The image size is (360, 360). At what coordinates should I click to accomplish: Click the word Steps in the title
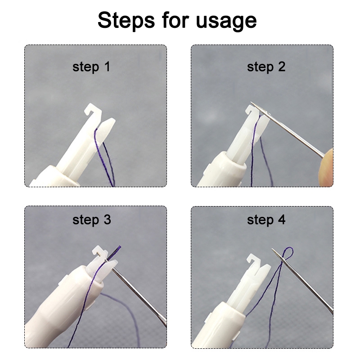126,21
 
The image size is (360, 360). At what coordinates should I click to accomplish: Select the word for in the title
175,20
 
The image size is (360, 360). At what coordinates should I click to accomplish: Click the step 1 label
91,67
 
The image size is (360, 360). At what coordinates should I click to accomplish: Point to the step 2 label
266,67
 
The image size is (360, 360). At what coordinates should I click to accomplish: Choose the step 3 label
92,220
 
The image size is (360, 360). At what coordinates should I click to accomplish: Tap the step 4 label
266,220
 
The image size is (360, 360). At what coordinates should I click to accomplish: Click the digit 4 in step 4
282,219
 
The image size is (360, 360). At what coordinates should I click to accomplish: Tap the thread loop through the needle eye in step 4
287,254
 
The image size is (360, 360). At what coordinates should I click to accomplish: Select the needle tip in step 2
251,103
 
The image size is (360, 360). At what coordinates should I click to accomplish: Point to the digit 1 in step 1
107,66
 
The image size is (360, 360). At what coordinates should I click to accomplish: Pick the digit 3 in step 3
107,219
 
